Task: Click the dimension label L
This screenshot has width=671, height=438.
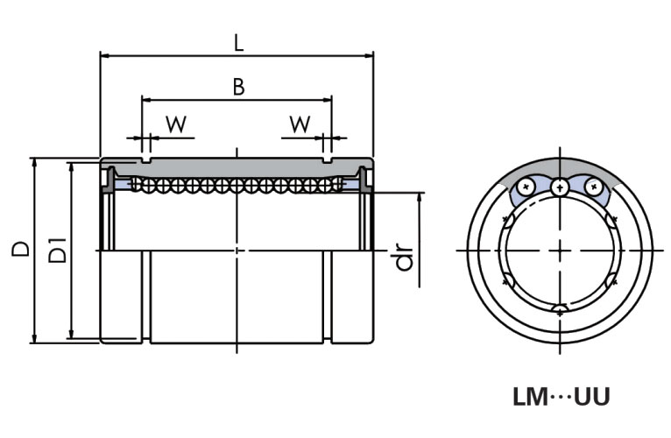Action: pyautogui.click(x=238, y=41)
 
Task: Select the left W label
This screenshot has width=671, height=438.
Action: pyautogui.click(x=177, y=124)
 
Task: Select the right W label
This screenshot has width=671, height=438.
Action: pyautogui.click(x=300, y=124)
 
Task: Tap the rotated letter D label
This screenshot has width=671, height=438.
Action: pyautogui.click(x=20, y=249)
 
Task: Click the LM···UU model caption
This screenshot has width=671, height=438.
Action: pyautogui.click(x=561, y=397)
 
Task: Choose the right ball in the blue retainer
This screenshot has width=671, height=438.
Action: pyautogui.click(x=594, y=186)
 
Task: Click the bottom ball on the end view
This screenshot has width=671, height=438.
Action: pyautogui.click(x=560, y=308)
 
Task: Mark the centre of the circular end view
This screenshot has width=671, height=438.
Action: pyautogui.click(x=560, y=251)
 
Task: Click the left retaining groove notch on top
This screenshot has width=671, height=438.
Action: pyautogui.click(x=145, y=161)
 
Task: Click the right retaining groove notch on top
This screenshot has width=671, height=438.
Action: pyautogui.click(x=328, y=161)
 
